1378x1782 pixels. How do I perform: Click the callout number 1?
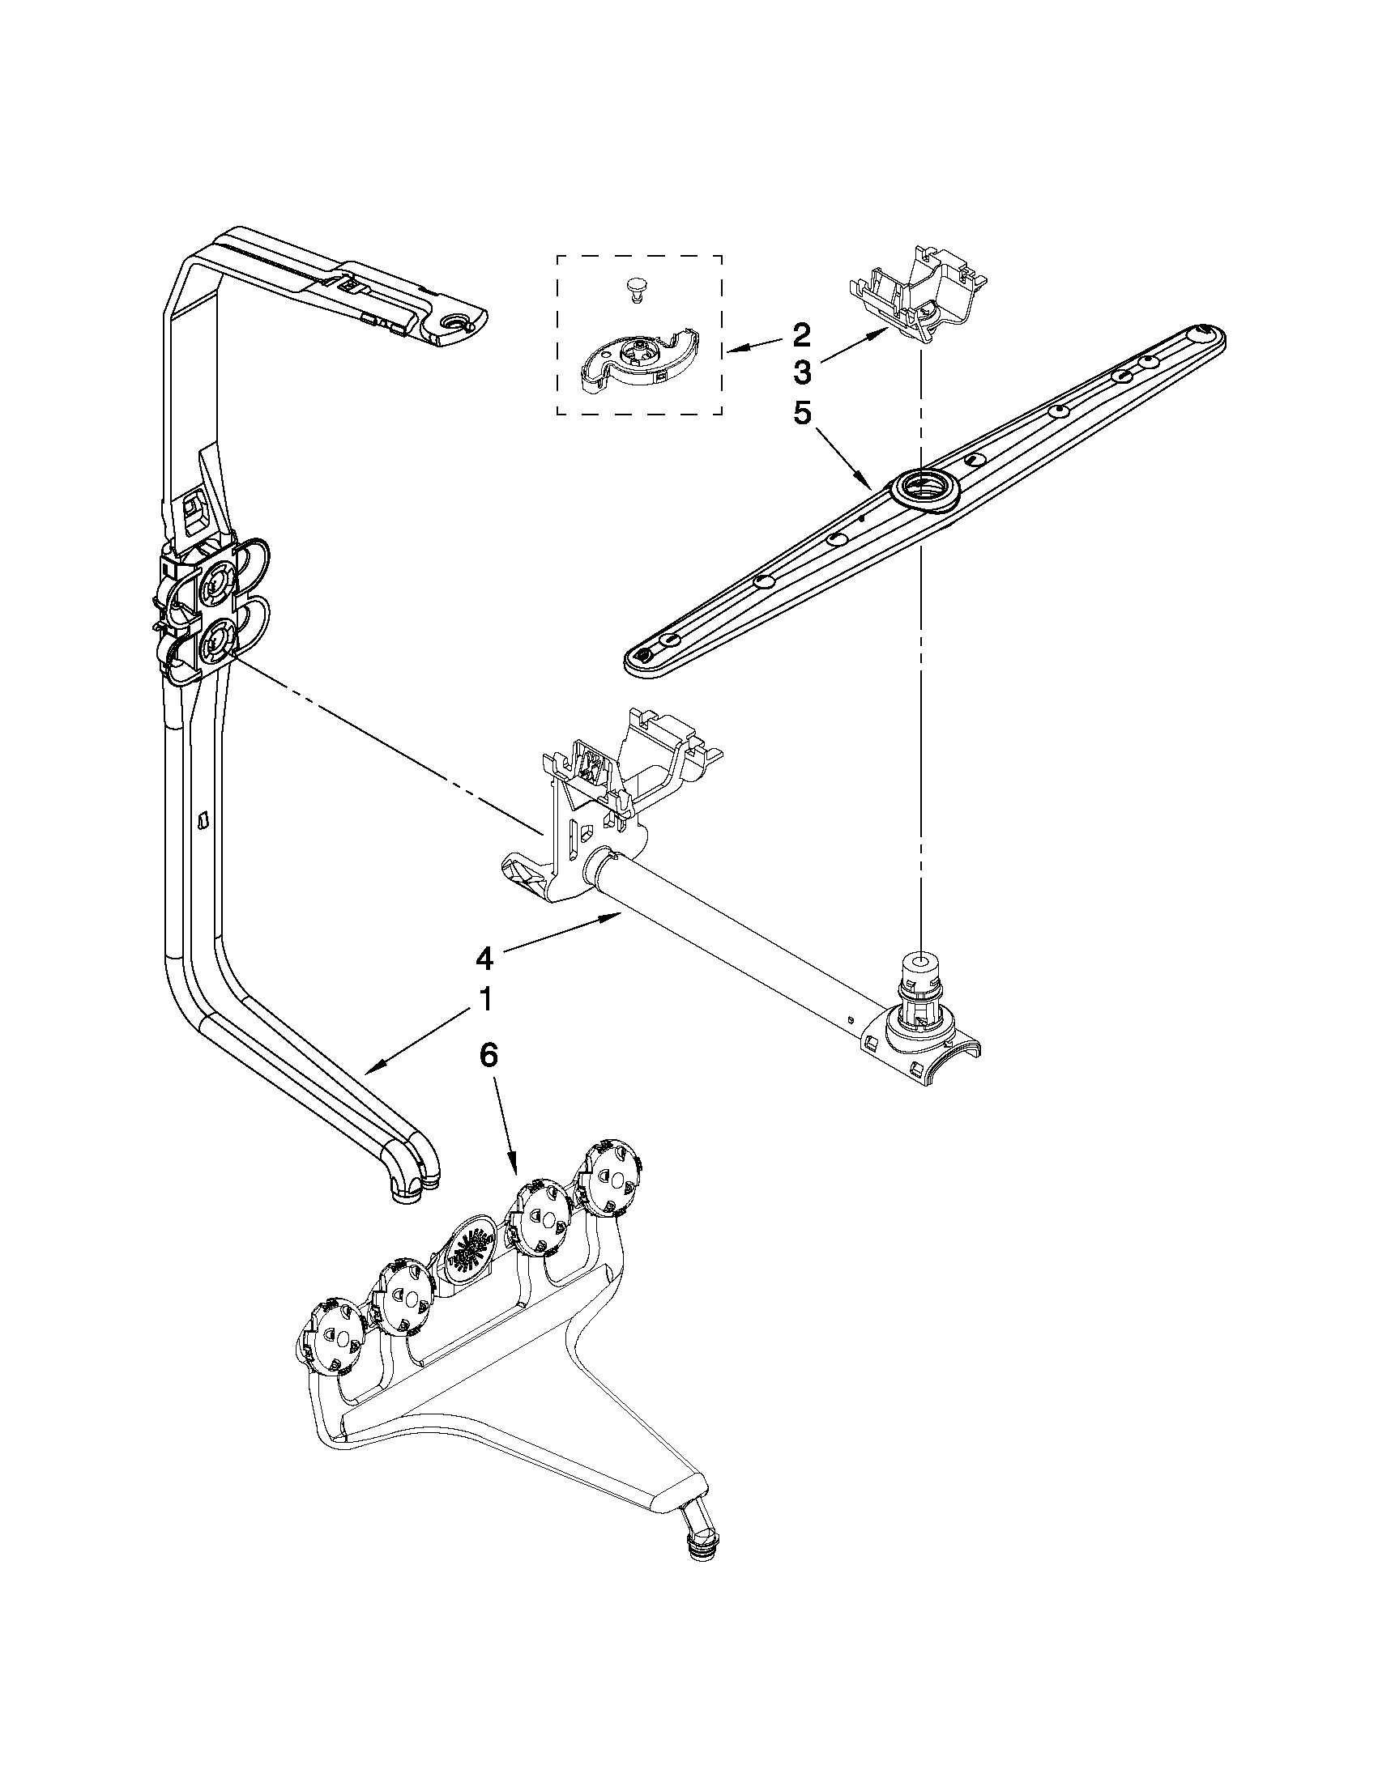(484, 1000)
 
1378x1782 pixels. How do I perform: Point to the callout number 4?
(484, 959)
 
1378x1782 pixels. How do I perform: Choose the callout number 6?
(487, 1055)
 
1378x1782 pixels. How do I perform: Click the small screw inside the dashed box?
(634, 287)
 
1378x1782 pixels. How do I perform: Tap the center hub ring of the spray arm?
(920, 492)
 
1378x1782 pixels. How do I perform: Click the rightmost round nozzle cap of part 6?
(611, 1176)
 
